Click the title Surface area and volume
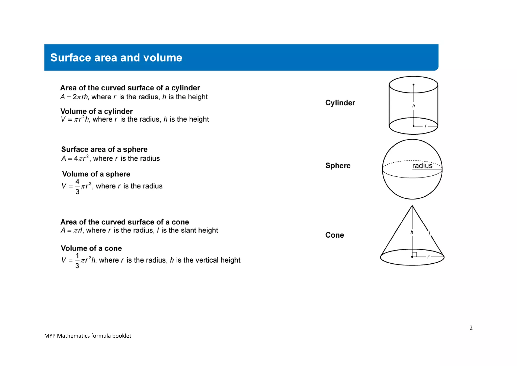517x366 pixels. (116, 58)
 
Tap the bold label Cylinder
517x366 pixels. (340, 103)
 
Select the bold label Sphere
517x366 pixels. (338, 166)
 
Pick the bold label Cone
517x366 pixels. (334, 235)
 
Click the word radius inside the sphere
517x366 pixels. (422, 166)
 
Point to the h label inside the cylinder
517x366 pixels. (413, 106)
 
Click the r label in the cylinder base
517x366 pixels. (426, 126)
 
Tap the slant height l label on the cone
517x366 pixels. (429, 233)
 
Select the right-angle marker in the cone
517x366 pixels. (415, 254)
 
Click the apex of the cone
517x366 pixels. (412, 206)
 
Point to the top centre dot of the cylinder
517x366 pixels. (413, 85)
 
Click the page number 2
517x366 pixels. (471, 328)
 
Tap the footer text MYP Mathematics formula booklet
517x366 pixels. (88, 336)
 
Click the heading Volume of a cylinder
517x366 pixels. (96, 111)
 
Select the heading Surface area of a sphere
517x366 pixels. (104, 149)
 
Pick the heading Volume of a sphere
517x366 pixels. (96, 174)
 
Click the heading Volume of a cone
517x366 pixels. (91, 248)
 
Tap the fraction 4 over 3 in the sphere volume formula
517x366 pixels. (77, 187)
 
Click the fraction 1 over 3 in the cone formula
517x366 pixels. (77, 261)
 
